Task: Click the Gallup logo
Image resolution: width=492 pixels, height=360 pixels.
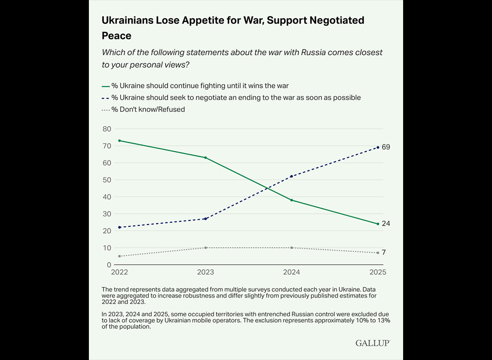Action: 372,343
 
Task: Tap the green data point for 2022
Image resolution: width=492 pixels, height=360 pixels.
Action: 119,141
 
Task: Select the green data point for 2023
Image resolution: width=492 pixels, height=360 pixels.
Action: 206,157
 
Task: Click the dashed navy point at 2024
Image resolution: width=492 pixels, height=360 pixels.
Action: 292,176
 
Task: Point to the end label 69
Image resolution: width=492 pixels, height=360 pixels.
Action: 386,147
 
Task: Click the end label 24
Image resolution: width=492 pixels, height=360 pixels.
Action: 386,224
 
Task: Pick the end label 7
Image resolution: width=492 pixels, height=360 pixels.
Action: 384,252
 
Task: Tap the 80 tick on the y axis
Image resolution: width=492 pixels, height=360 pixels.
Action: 107,129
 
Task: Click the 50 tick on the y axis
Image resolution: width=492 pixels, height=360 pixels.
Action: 107,180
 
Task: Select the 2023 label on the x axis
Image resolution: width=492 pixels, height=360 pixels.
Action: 206,272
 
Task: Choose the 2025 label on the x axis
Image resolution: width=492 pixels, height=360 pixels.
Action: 378,272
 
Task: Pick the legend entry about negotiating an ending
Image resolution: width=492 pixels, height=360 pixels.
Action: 231,97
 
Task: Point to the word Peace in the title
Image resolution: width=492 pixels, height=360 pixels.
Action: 116,36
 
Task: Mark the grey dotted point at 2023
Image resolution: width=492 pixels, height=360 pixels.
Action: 206,248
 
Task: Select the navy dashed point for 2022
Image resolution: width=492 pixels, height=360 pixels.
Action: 119,227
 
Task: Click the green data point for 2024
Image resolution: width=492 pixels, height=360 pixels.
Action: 292,200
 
